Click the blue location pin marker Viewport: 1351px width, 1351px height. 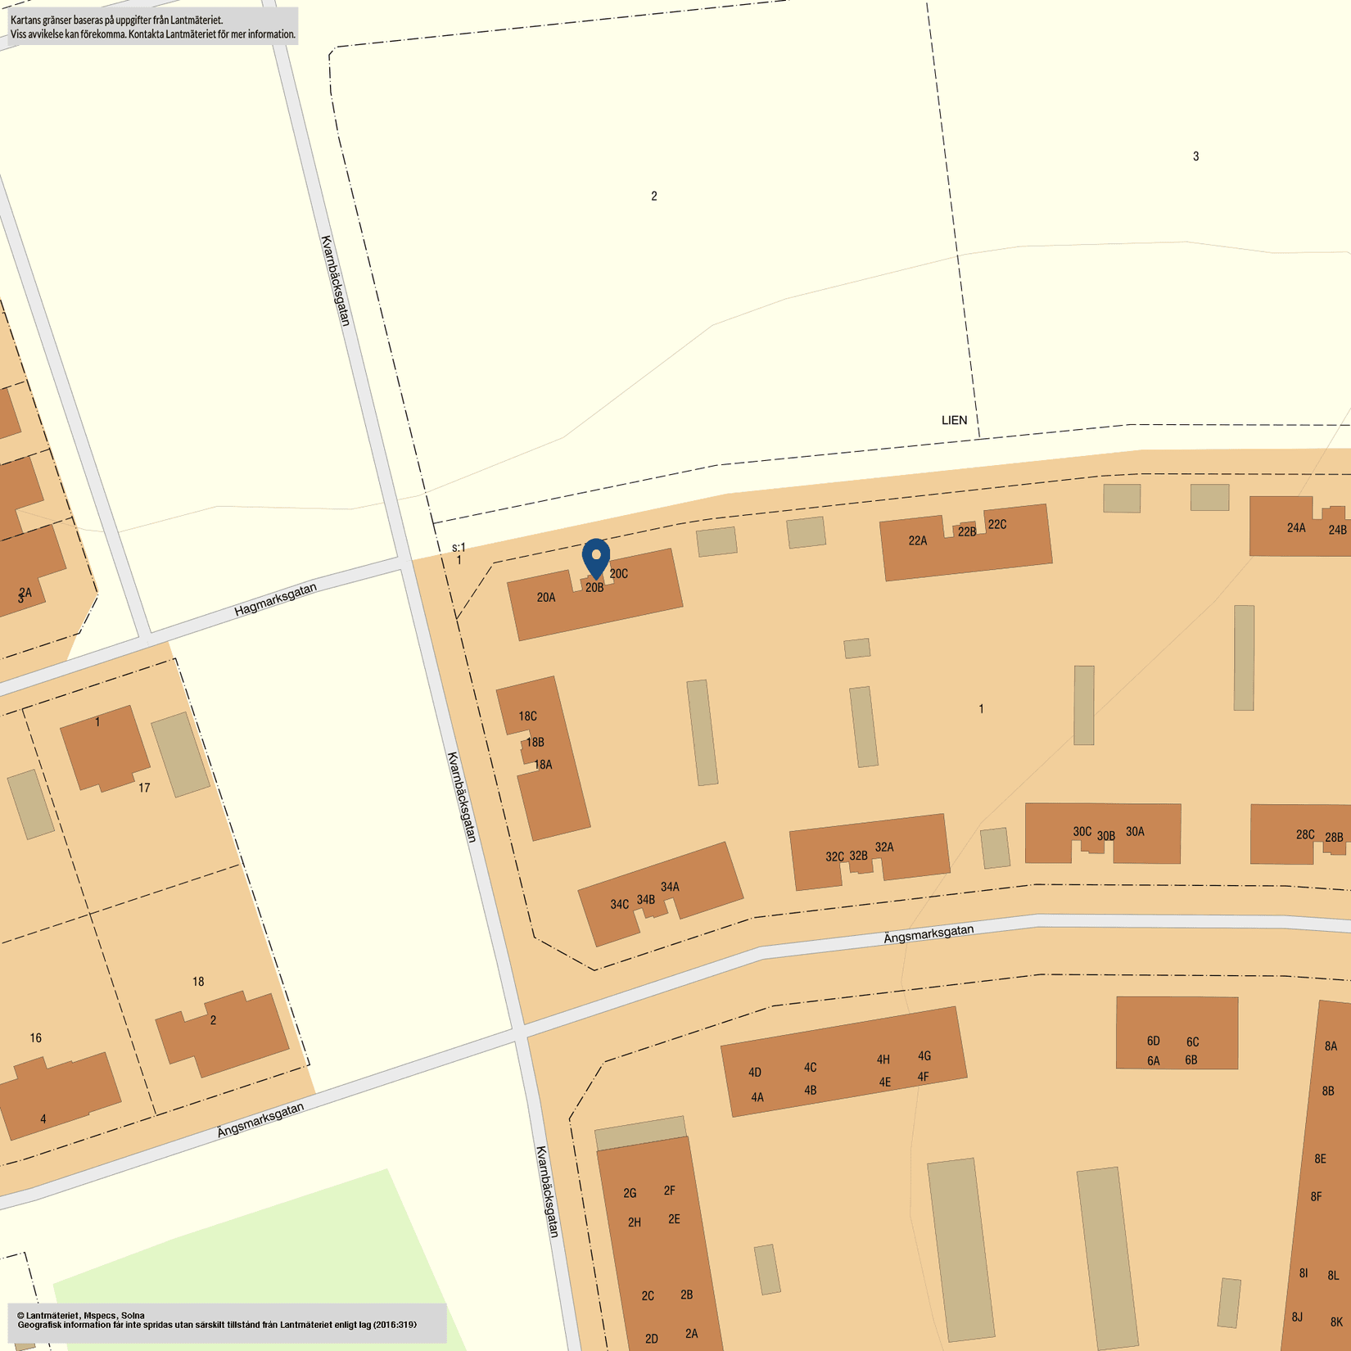pos(596,558)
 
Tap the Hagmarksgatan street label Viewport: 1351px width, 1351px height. pos(275,599)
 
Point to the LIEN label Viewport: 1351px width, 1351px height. pos(954,420)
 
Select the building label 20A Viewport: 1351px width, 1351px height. pos(546,598)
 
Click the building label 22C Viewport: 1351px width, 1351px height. pos(996,525)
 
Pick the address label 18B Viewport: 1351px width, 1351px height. pos(535,743)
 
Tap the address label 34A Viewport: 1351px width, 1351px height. pos(670,887)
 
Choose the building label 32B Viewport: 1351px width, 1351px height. pos(858,856)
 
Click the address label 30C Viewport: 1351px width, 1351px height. pos(1082,832)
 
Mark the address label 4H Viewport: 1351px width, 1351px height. pos(883,1060)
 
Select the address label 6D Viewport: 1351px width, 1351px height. pos(1153,1041)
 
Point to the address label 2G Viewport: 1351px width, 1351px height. pos(630,1193)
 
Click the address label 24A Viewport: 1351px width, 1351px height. pos(1296,528)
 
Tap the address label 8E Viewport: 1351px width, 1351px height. pos(1320,1159)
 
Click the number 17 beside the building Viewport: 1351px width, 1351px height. pos(144,788)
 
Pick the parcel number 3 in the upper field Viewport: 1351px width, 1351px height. pos(1195,156)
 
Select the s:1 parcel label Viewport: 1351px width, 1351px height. pos(459,547)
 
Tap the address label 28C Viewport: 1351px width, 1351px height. pos(1305,835)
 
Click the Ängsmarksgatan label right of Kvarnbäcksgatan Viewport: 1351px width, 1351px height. pos(929,934)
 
